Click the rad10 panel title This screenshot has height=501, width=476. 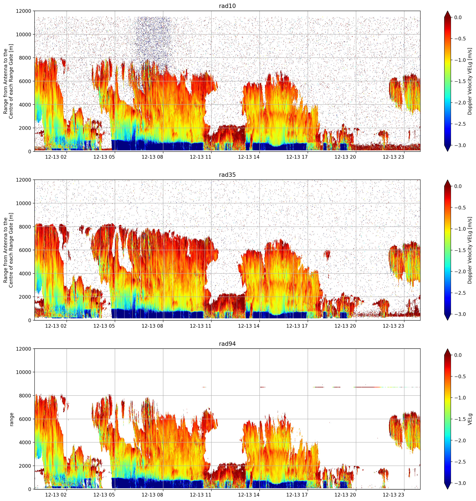(x=227, y=6)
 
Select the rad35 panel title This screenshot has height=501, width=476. (x=227, y=175)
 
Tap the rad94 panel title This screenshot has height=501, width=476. (x=227, y=344)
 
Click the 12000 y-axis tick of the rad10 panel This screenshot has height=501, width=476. (x=24, y=11)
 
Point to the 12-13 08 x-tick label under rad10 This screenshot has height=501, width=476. (x=152, y=157)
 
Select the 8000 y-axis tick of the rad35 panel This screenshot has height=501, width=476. (x=25, y=227)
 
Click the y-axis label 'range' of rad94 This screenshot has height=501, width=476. (x=11, y=419)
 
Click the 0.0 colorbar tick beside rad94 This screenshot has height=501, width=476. (x=461, y=355)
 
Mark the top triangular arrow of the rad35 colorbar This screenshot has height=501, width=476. (x=448, y=183)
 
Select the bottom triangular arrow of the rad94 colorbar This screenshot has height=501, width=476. (x=448, y=486)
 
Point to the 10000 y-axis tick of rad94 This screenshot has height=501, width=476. (x=24, y=372)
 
